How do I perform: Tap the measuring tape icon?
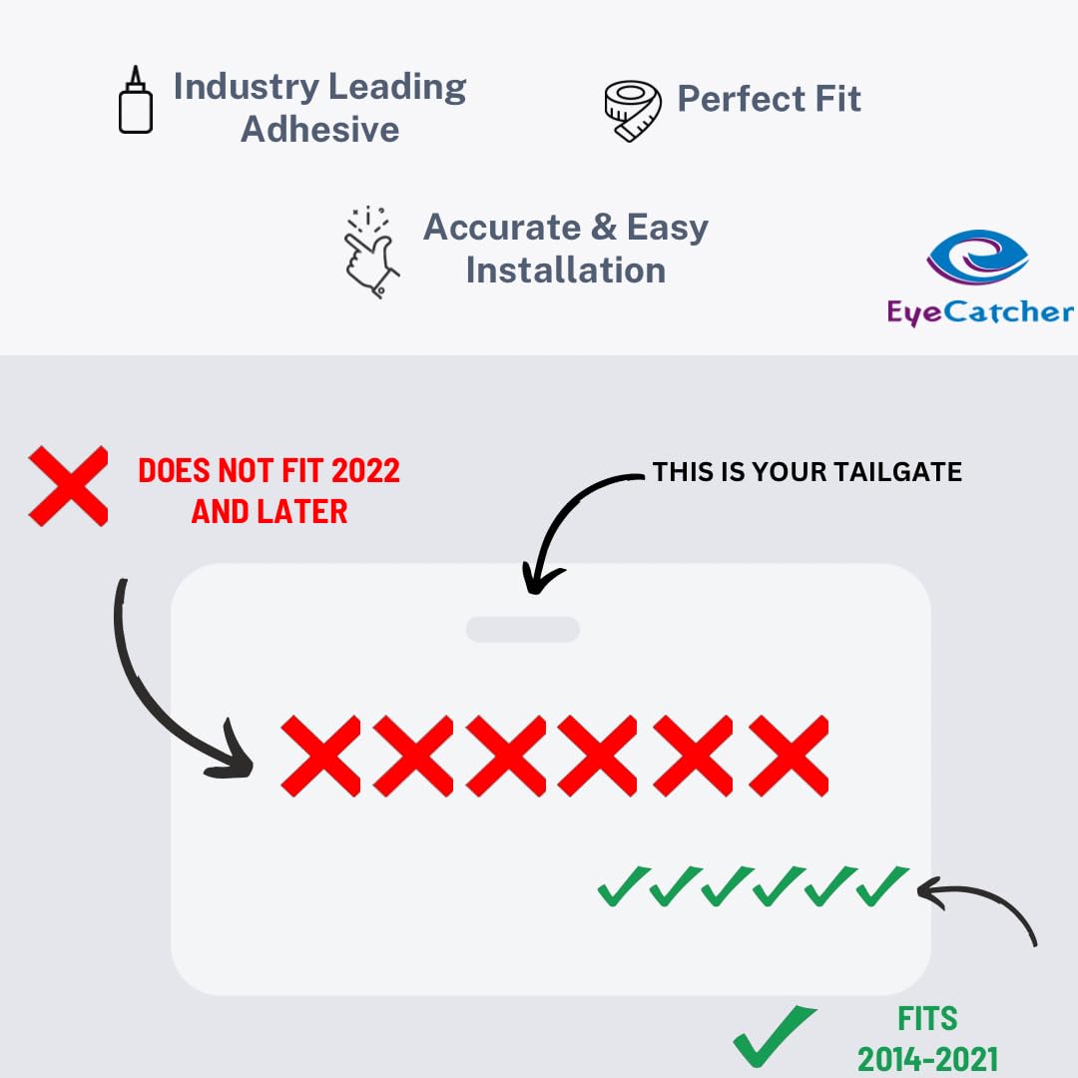pos(633,111)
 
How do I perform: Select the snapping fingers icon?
pos(371,254)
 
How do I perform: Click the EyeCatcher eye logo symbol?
pos(977,257)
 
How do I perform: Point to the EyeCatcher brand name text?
pos(980,312)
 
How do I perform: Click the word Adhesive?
pos(319,130)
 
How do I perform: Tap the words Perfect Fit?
pos(769,99)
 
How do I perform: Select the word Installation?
pos(565,269)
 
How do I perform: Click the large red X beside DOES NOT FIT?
pos(68,486)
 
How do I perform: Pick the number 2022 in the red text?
pos(360,470)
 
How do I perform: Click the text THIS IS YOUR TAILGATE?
pos(807,472)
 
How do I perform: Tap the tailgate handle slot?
pos(522,629)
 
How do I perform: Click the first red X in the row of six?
pos(320,756)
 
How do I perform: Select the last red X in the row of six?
pos(789,756)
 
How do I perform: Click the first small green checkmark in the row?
pos(620,886)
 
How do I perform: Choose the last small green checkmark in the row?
pos(881,886)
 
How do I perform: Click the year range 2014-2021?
pos(927,1058)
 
